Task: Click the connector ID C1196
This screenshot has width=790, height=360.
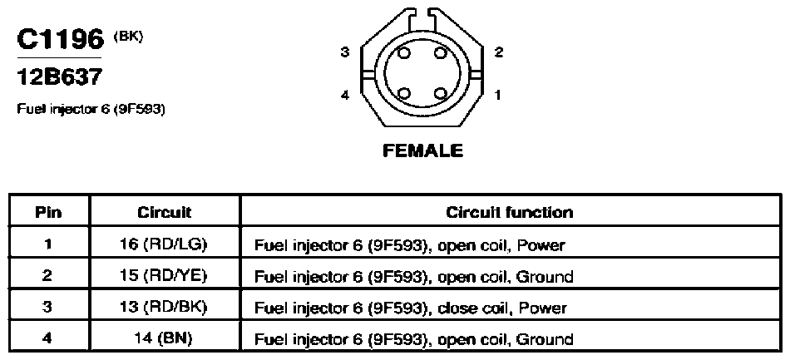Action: pos(60,39)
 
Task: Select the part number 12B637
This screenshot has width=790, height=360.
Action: pos(59,76)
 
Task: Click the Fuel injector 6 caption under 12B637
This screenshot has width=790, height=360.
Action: pos(91,109)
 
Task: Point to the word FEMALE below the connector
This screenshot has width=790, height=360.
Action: pos(422,150)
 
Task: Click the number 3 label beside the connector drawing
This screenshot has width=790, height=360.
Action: pos(344,52)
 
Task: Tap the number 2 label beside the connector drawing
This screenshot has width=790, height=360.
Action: pos(499,52)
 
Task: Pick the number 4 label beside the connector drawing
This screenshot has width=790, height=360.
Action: pos(344,95)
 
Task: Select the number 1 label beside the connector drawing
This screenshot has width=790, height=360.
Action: pos(498,95)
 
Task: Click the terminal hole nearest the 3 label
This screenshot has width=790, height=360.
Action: pos(404,53)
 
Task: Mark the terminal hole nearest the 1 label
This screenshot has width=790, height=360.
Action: pos(441,94)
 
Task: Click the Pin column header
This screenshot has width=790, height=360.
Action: pos(48,213)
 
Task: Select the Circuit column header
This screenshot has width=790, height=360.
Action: pos(165,213)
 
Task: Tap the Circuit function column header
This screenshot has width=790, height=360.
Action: pos(510,212)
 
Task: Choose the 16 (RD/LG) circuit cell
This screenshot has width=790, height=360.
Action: pos(165,244)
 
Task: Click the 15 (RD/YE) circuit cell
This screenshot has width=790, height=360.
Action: pos(165,276)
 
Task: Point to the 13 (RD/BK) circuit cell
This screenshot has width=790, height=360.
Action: pos(165,307)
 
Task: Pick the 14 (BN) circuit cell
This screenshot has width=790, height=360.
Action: pos(165,338)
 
